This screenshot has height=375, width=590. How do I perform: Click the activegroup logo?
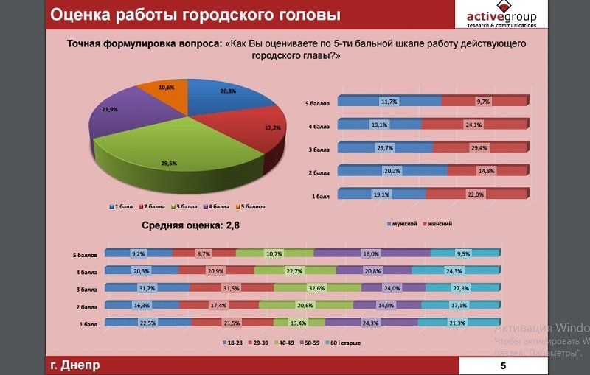point(502,15)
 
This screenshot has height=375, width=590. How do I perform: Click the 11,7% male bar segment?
point(389,101)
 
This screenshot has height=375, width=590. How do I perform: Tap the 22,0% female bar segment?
point(476,194)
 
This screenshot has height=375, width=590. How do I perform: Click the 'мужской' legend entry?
point(404,223)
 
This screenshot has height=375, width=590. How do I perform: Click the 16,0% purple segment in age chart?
point(370,253)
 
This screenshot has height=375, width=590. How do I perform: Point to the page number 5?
point(503,366)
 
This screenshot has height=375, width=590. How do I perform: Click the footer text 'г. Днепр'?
point(74,365)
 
